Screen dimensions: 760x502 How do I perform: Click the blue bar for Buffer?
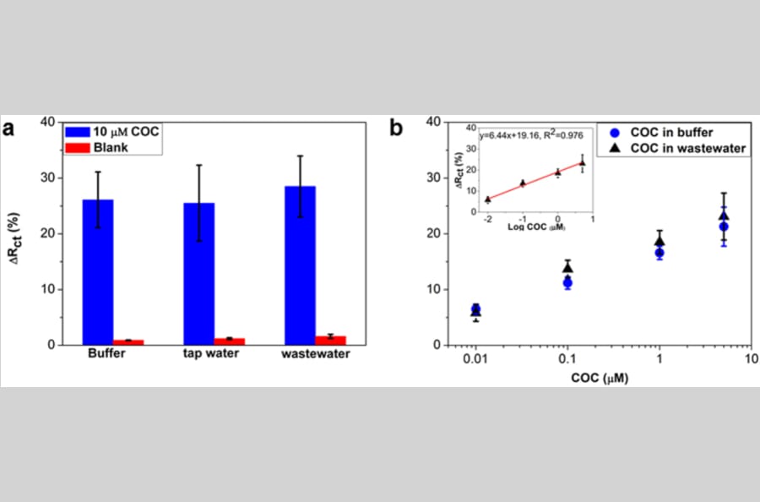[98, 272]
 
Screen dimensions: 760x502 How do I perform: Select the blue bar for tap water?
[198, 274]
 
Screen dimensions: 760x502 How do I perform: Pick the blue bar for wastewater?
[300, 266]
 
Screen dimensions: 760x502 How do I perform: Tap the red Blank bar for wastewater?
[330, 341]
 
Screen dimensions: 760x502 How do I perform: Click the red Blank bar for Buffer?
[128, 342]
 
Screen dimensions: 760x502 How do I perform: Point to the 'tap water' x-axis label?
[211, 353]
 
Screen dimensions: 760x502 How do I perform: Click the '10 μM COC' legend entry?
[112, 132]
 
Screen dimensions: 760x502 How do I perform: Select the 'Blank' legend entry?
[97, 147]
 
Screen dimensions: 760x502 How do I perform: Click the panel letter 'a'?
[8, 129]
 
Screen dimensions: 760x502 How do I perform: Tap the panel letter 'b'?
[396, 128]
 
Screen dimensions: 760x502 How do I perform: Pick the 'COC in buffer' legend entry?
[661, 133]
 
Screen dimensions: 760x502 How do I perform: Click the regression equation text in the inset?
[531, 136]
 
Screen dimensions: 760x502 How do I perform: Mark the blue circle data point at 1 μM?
[660, 254]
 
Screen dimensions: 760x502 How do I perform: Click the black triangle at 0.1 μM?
[567, 268]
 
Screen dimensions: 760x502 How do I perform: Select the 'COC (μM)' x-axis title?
[600, 378]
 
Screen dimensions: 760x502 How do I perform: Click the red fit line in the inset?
[535, 180]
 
